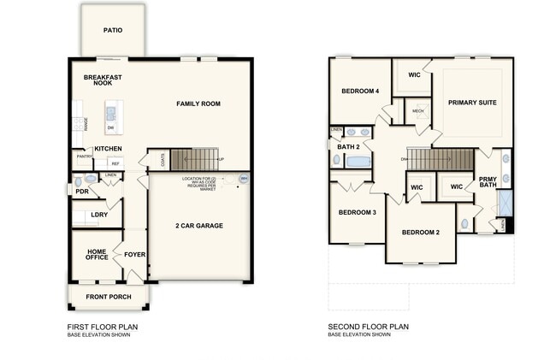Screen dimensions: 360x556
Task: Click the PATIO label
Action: point(113,31)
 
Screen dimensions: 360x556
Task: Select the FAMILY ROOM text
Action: point(198,103)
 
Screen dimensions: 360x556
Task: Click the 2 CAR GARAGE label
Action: point(199,226)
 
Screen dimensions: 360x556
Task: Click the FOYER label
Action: point(135,254)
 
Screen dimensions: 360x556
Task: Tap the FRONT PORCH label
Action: point(109,297)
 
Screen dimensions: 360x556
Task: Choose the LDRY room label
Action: point(99,215)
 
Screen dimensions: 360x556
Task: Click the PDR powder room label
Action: point(82,192)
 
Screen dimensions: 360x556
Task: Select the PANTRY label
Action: point(85,156)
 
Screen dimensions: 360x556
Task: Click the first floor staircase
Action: point(192,158)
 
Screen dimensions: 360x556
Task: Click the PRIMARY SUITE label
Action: point(472,103)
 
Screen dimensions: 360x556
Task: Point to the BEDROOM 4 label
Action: point(359,91)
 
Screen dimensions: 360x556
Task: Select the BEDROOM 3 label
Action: point(357,212)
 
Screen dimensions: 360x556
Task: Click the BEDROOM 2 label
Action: point(420,233)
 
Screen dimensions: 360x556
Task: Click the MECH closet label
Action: point(418,111)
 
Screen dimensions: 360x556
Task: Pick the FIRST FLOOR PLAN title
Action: point(102,327)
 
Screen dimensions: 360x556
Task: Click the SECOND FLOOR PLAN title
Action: point(369,327)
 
